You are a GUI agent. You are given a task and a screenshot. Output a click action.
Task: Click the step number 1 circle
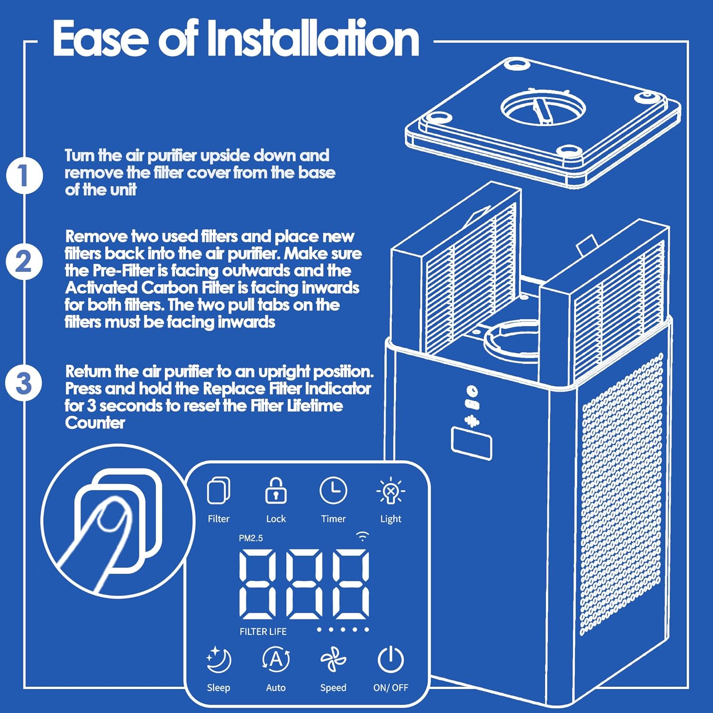pos(24,175)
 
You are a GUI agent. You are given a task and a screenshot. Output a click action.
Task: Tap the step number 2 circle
pos(24,262)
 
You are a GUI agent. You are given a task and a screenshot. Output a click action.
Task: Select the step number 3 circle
pos(24,383)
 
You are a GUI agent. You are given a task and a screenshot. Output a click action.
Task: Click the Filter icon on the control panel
pos(219,491)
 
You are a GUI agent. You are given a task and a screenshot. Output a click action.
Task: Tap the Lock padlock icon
pos(276,491)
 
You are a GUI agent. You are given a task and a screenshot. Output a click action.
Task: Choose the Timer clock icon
pos(333,491)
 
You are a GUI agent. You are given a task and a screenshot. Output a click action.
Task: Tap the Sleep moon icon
pos(219,660)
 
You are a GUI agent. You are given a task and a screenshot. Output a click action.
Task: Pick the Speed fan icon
pos(333,660)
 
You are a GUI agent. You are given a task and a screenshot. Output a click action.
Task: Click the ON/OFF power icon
pos(391,660)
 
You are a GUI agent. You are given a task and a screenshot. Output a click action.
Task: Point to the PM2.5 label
pos(251,538)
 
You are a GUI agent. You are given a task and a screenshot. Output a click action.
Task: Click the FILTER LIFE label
pos(263,632)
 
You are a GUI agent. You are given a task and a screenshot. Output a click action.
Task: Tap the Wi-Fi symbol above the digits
pos(363,537)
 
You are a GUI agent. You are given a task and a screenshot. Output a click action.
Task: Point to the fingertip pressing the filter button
pos(110,517)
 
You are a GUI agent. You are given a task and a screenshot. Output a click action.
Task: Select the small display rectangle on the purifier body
pos(471,443)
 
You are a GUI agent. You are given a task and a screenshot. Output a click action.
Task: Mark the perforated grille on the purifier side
pos(621,494)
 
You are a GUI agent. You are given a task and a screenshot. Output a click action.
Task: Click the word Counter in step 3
pos(95,423)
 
